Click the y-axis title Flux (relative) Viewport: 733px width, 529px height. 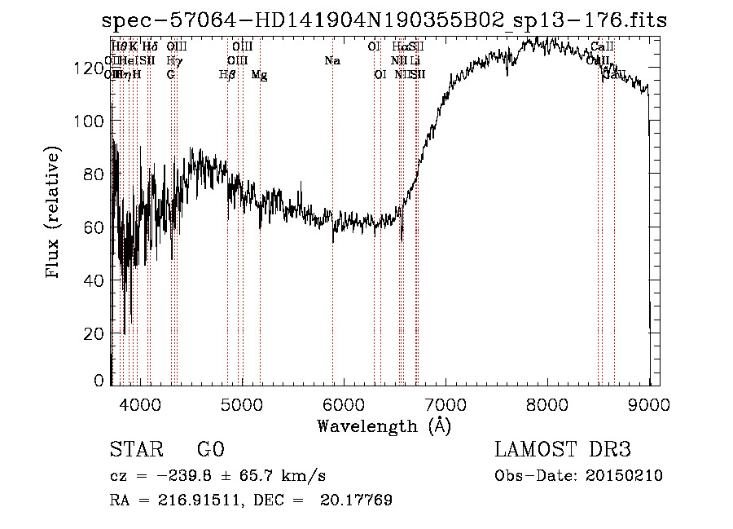(x=54, y=214)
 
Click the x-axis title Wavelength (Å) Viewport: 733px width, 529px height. (x=384, y=425)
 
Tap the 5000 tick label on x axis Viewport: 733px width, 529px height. (x=241, y=403)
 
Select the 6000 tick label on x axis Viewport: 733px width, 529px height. (x=343, y=403)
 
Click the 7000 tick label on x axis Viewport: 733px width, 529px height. (x=446, y=403)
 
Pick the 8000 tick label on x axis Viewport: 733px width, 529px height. (x=547, y=403)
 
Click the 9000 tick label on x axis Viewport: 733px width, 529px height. (x=649, y=403)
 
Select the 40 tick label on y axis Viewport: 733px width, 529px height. (x=94, y=281)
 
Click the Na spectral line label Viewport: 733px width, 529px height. (x=332, y=60)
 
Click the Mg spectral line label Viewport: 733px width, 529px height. (x=259, y=75)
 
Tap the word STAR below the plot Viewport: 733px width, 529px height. (x=135, y=450)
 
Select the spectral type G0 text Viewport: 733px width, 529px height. (x=210, y=450)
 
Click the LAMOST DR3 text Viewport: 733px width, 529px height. (x=563, y=450)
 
